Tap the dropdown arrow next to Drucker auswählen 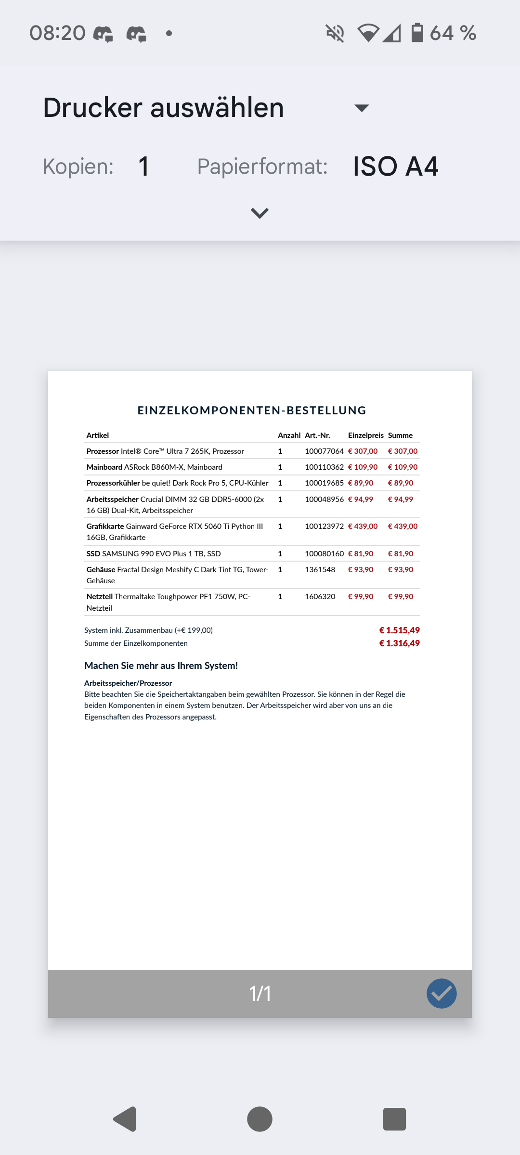click(x=362, y=108)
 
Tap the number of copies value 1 click(x=143, y=167)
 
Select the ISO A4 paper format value click(x=395, y=167)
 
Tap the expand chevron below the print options click(x=260, y=213)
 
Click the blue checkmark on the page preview click(x=442, y=993)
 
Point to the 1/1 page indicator click(x=260, y=994)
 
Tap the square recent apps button click(x=394, y=1119)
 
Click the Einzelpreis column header click(x=365, y=435)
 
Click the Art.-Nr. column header click(x=317, y=435)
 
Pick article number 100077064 click(x=324, y=451)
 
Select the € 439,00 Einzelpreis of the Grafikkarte click(x=363, y=526)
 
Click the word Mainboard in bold click(x=104, y=467)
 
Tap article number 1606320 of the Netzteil click(x=320, y=596)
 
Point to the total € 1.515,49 click(x=399, y=630)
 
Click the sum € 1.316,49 click(x=399, y=643)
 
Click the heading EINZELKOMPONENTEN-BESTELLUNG click(x=252, y=411)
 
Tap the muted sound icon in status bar click(x=335, y=33)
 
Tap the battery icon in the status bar click(x=417, y=33)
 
